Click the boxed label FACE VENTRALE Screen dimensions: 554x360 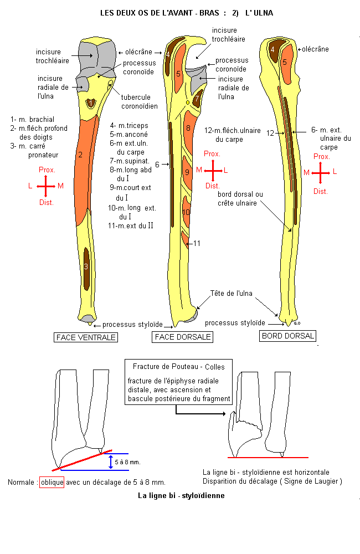click(x=86, y=337)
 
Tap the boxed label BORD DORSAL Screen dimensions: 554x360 click(x=288, y=336)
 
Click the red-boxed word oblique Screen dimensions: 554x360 click(x=52, y=482)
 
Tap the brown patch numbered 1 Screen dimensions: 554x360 click(x=91, y=103)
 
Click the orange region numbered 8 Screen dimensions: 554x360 click(x=189, y=130)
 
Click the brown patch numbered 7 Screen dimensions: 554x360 click(x=197, y=100)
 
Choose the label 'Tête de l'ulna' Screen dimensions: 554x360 click(x=231, y=293)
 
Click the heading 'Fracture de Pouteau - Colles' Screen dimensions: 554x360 click(x=175, y=366)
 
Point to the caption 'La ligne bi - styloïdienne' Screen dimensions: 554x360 click(x=181, y=495)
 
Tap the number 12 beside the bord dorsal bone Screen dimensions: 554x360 click(x=270, y=133)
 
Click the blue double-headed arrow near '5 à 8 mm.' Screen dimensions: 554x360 click(x=111, y=461)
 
